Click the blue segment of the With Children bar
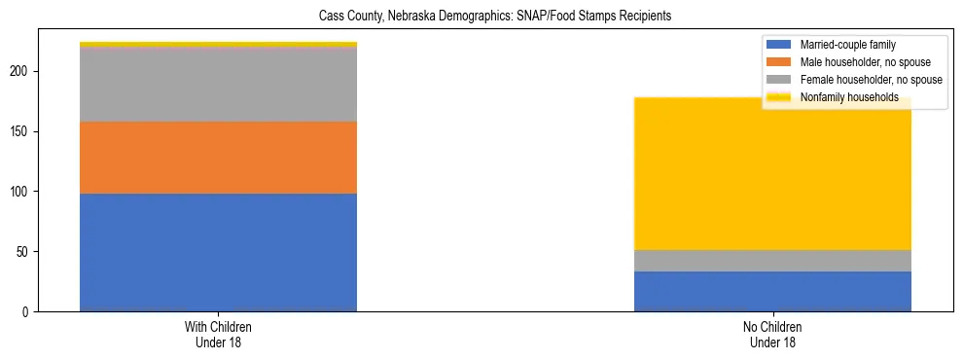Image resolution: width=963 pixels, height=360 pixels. click(218, 252)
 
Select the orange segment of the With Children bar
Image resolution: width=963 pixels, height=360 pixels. click(218, 158)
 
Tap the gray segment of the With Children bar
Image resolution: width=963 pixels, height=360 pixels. click(218, 85)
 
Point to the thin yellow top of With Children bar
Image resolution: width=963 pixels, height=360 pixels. click(218, 44)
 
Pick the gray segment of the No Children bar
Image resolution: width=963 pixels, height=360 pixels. click(772, 261)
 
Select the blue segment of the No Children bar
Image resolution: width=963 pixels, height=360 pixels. click(772, 291)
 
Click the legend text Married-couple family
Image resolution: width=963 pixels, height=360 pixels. click(847, 45)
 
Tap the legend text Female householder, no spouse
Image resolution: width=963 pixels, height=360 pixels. click(871, 80)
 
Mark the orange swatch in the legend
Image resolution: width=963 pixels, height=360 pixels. click(779, 62)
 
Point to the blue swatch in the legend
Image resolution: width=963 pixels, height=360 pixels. click(779, 45)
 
